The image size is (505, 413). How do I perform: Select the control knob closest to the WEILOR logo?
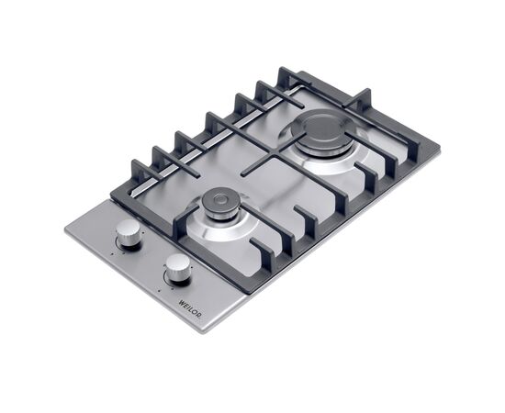pos(178,268)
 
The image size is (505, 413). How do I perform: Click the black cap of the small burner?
pos(220,203)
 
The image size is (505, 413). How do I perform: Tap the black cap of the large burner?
pos(320,132)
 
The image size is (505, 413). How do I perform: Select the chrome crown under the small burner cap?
pos(220,215)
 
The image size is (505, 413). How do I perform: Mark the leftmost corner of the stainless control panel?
pos(65,230)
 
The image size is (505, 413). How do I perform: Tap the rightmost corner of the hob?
pos(439,146)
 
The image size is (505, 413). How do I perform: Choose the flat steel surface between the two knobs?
pos(151,254)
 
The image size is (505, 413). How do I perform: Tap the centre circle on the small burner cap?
pos(220,200)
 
